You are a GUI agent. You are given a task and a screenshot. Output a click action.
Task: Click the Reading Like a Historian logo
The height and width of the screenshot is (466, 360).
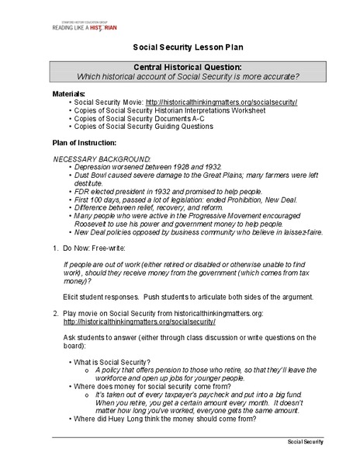[x=85, y=26]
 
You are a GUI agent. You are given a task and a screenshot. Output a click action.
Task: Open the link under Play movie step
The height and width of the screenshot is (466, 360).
[x=139, y=321]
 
